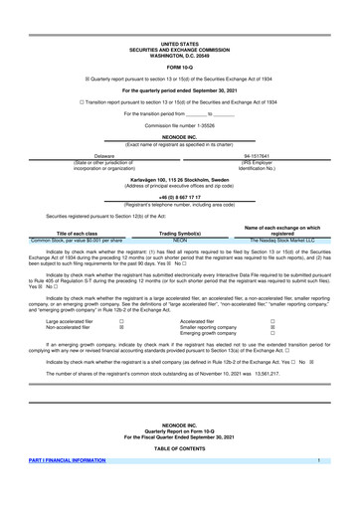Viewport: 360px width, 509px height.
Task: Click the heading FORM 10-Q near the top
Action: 179,68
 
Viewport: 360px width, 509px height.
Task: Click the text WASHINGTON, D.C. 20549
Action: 179,56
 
